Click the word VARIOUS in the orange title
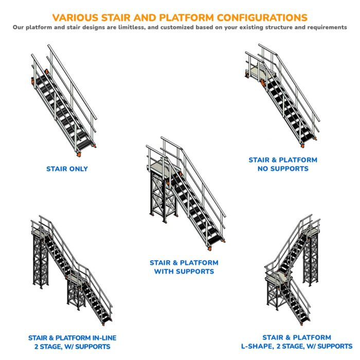click(x=76, y=17)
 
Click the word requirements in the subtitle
click(x=325, y=27)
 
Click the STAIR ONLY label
click(x=67, y=169)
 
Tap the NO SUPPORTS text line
click(x=283, y=169)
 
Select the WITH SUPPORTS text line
click(x=184, y=272)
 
